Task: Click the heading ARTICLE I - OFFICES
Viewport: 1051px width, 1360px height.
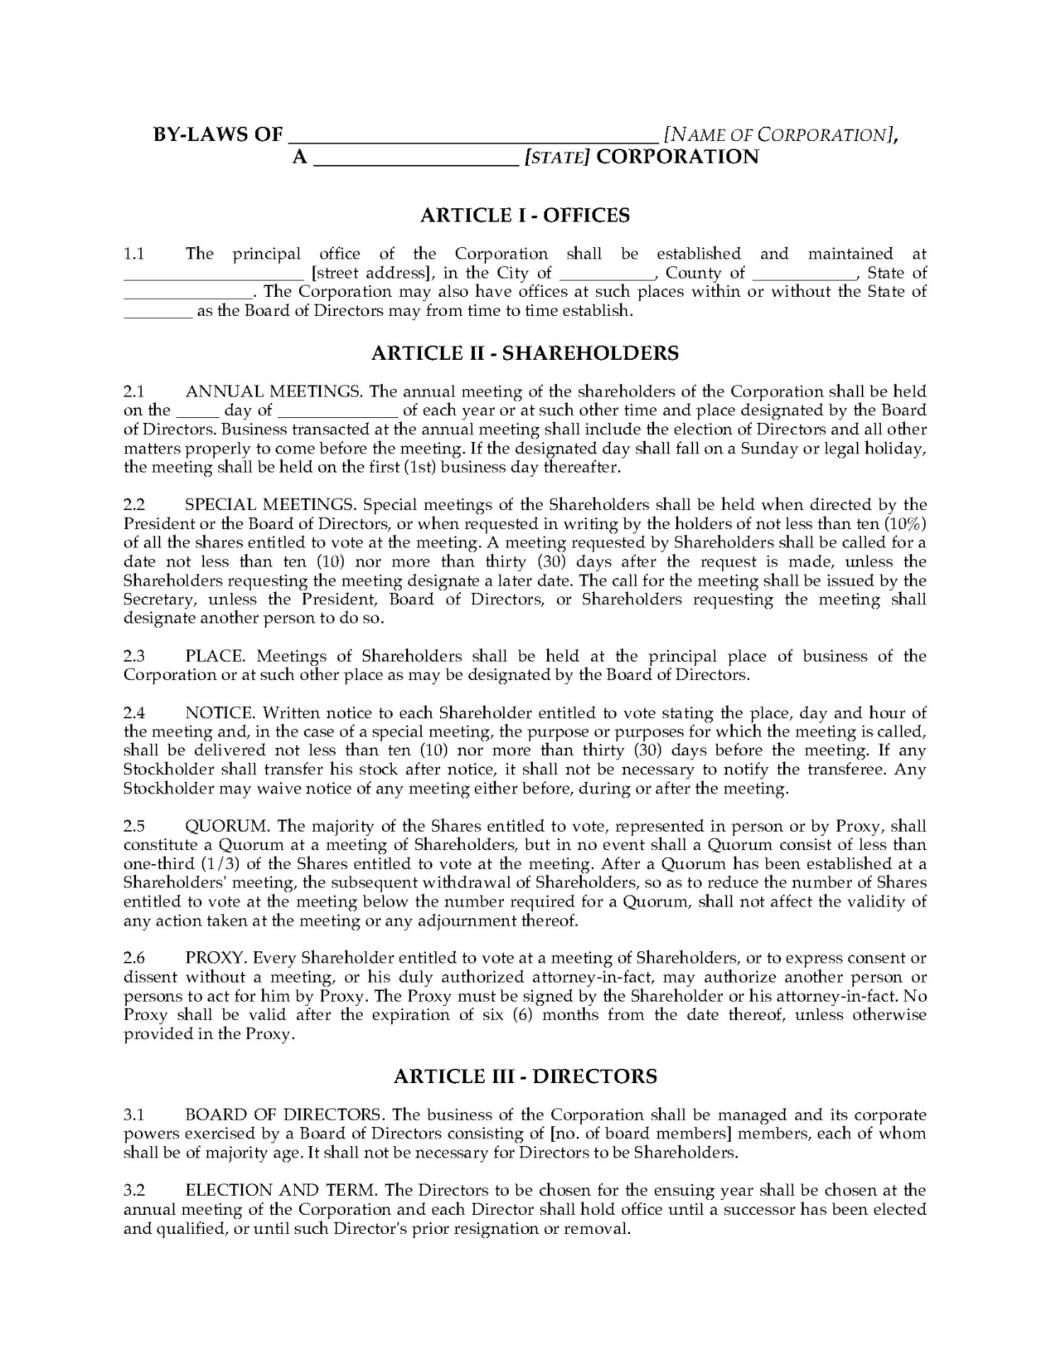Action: (x=524, y=215)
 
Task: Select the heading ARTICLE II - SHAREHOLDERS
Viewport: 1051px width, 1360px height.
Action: (x=524, y=353)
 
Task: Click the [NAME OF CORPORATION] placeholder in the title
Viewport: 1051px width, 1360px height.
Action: (x=777, y=135)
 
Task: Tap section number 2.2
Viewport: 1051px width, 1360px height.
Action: (x=134, y=505)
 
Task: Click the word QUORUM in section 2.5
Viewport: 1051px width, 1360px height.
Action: (x=227, y=826)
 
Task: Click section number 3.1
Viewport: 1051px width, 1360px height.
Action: (x=134, y=1115)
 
